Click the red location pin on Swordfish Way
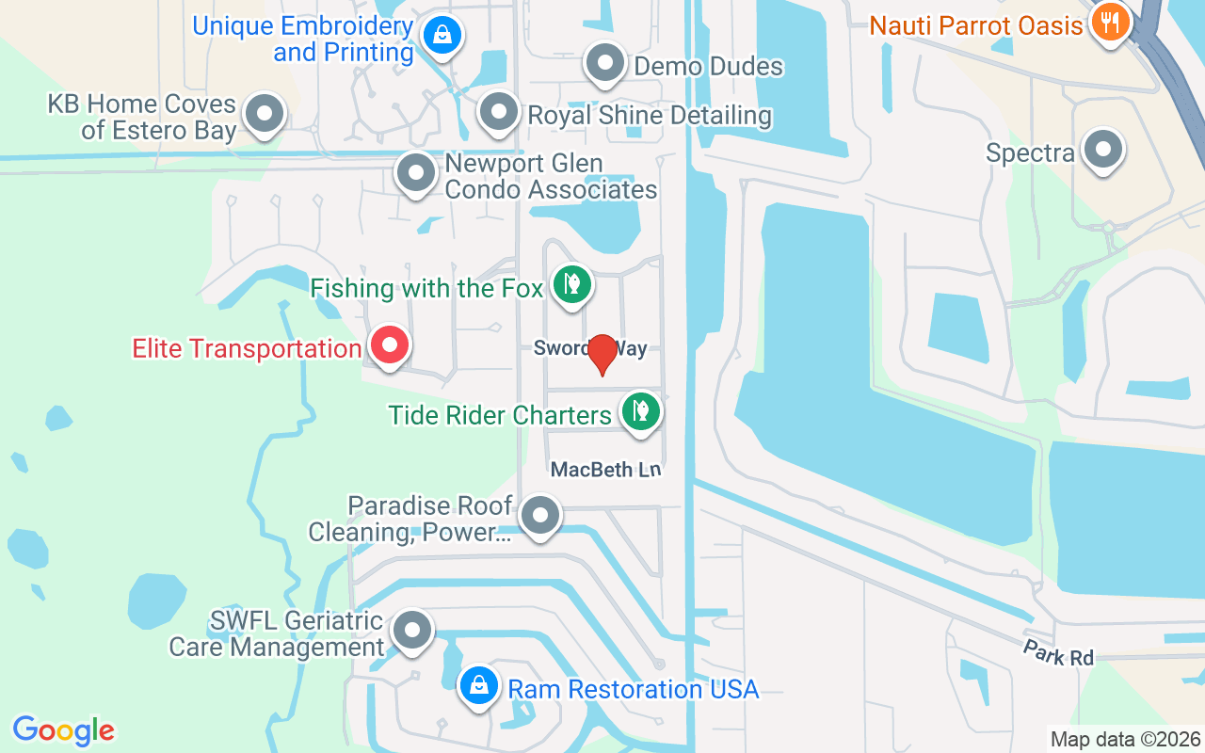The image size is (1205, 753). pos(602,354)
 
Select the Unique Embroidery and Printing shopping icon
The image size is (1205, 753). pos(440,36)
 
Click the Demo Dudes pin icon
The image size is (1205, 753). pos(605,64)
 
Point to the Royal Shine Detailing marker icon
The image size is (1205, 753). pos(498,113)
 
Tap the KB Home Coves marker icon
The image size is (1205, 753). pos(265,115)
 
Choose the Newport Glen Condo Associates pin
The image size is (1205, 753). pos(415,173)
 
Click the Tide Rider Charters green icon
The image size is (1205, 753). pos(640,412)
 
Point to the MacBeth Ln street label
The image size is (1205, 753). pos(606,469)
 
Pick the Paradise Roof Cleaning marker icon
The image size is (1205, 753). pos(540,516)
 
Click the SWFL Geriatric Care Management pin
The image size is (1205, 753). pos(411,632)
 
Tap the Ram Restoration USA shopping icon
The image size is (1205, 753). pos(479,686)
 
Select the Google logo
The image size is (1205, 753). pos(63,730)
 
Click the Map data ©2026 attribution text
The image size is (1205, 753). pos(1126,740)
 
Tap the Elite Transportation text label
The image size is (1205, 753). pos(247,349)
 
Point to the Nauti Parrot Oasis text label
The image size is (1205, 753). pos(976,25)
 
